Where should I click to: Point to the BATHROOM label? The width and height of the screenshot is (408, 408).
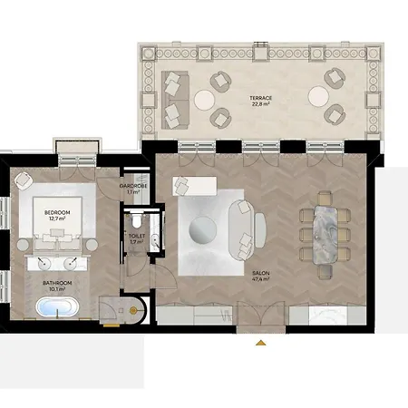(57, 282)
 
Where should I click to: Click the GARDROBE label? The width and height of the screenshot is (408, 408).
(133, 186)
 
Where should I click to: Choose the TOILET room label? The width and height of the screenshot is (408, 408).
(136, 236)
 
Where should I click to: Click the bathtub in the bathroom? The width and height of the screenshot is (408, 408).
(57, 307)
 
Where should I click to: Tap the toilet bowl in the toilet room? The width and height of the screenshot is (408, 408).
(136, 220)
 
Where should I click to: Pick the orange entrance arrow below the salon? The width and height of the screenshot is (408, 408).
(262, 343)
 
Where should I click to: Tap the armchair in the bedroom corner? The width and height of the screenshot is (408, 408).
(24, 180)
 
